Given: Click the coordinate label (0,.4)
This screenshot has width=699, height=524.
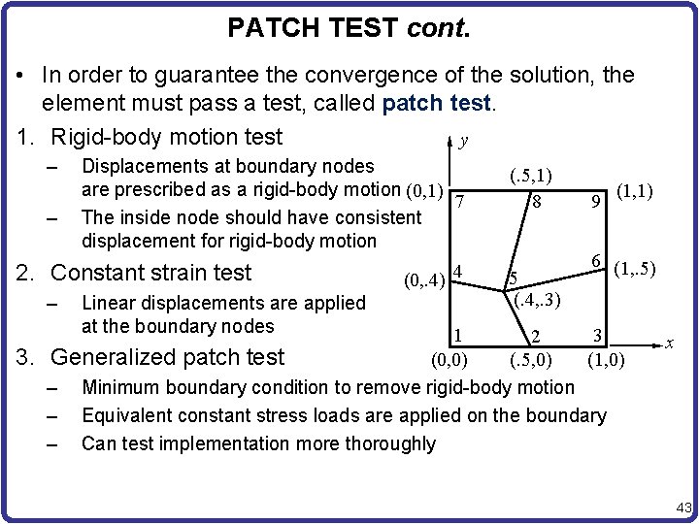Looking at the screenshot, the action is [425, 282].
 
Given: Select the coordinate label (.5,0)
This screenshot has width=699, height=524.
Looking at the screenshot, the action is [530, 361].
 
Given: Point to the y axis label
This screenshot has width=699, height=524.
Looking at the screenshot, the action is [464, 142].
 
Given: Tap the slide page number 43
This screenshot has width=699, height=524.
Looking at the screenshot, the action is [682, 508].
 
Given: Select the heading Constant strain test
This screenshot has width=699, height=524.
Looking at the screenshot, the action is [150, 273].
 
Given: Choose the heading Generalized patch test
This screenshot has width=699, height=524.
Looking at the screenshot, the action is [167, 356].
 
